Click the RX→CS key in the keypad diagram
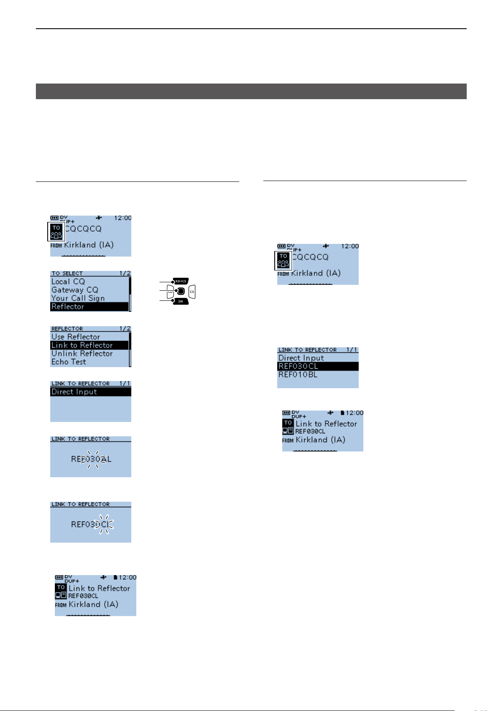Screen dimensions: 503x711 click(181, 281)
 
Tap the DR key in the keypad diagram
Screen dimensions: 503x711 click(181, 301)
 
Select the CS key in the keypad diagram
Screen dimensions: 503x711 click(192, 292)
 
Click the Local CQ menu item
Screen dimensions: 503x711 click(68, 281)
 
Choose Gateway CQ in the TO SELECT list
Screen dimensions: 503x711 click(75, 290)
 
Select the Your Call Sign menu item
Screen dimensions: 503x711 click(78, 298)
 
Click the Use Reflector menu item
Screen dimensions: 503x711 click(76, 337)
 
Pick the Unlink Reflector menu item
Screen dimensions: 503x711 click(82, 354)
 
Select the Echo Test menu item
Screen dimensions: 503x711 click(69, 362)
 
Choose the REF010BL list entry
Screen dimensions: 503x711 click(298, 375)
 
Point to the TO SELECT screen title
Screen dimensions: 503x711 click(67, 273)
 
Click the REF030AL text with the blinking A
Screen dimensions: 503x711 click(91, 459)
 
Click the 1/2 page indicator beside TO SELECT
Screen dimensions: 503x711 click(125, 273)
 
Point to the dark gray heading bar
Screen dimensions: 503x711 click(251, 91)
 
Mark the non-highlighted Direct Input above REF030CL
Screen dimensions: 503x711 click(301, 358)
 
